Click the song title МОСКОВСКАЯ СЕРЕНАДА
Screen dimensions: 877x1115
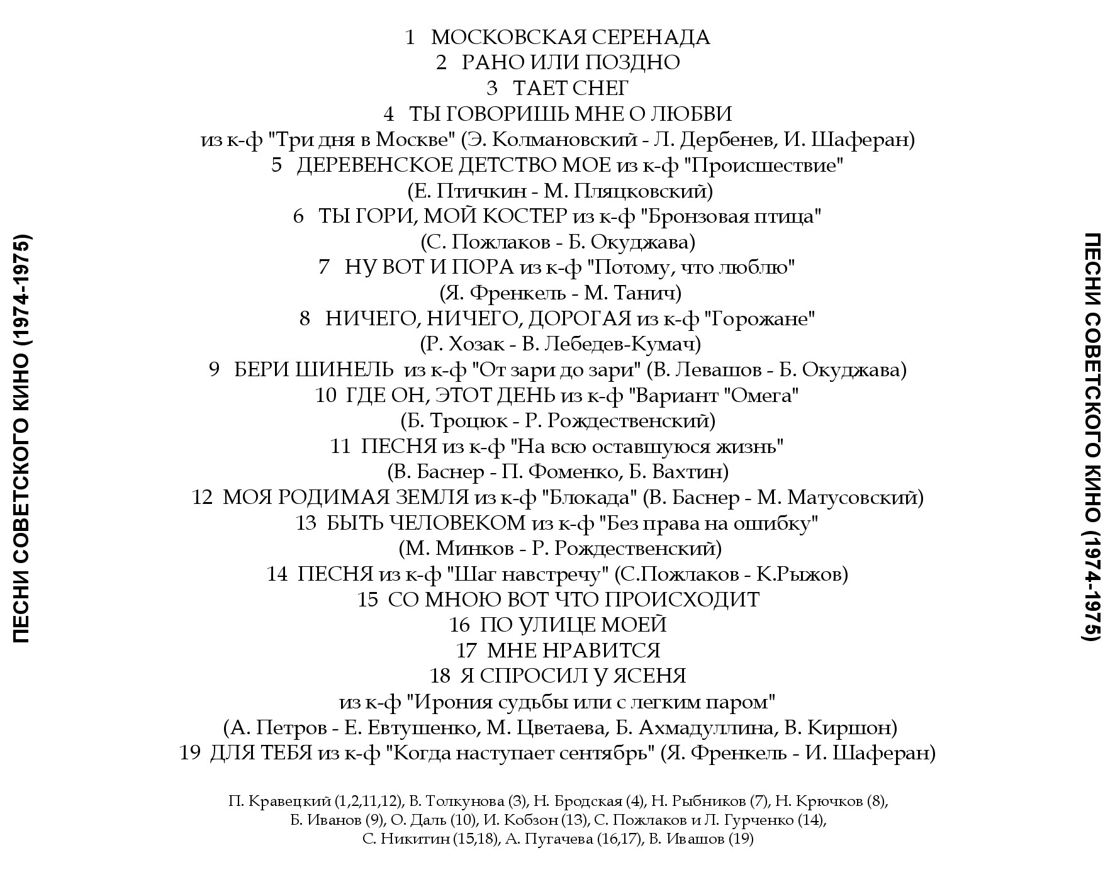[x=570, y=37]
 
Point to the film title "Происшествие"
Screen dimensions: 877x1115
[x=763, y=165]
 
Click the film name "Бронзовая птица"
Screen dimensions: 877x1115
[x=731, y=216]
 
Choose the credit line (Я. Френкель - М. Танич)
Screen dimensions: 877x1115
[x=559, y=293]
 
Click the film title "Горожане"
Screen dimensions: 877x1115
[x=759, y=319]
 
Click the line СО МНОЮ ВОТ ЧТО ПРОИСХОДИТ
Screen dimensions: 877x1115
[x=574, y=600]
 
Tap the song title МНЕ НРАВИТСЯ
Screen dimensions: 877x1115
[x=574, y=651]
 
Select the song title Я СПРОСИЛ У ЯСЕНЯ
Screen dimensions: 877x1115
[x=573, y=676]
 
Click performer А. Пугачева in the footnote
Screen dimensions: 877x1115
[x=547, y=839]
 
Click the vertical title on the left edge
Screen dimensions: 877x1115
[x=21, y=438]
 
